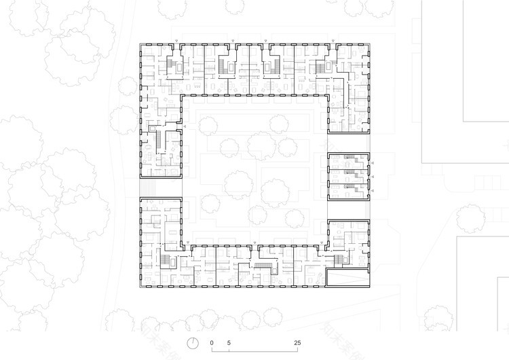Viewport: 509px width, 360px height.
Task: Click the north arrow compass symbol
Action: [194, 342]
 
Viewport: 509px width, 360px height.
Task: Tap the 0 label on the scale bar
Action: [212, 342]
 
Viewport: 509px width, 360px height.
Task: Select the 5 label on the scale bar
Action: [229, 342]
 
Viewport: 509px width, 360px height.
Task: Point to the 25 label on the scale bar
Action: [297, 342]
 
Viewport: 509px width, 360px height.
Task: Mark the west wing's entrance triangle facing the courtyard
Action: [185, 126]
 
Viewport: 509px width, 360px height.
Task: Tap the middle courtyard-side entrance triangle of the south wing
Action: [254, 242]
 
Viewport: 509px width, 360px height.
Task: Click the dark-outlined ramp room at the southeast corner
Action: [349, 278]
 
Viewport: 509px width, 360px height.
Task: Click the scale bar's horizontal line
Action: [254, 352]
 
